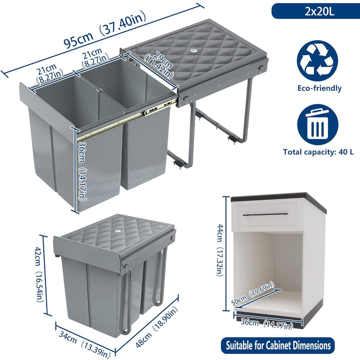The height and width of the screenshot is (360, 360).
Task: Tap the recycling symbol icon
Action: point(317,61)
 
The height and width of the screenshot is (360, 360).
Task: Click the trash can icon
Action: point(317,124)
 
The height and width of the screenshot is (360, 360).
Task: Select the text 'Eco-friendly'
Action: point(319,88)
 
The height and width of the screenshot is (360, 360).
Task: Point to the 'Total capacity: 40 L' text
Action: point(318,152)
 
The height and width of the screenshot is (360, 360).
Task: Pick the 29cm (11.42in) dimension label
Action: point(158,65)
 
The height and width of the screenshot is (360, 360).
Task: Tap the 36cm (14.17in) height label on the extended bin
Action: point(82,171)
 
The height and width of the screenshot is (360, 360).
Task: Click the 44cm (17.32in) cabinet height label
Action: point(219,250)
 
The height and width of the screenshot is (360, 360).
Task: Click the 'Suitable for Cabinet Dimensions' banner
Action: point(278,345)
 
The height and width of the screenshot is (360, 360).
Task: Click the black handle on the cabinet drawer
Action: point(265,214)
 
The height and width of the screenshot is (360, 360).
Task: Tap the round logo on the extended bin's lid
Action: point(192,51)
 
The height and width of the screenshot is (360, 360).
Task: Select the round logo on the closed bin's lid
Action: point(117,232)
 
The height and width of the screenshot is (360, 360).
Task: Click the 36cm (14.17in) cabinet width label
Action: point(267,324)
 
